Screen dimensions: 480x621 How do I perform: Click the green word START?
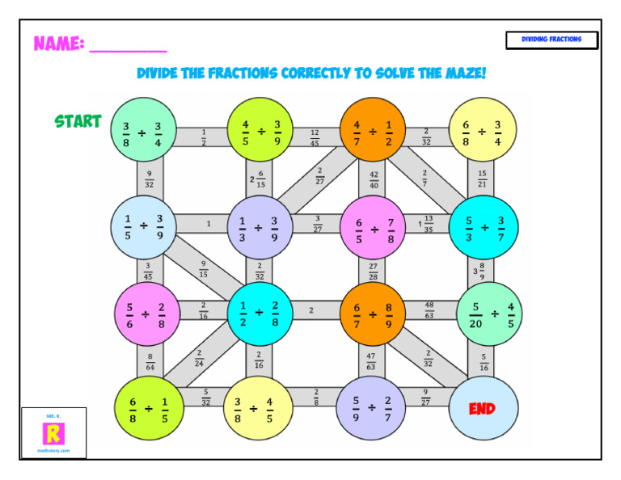(78, 121)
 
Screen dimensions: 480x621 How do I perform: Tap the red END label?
(482, 409)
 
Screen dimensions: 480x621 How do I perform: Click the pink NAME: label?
(58, 44)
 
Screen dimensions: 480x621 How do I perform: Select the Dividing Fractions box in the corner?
(551, 40)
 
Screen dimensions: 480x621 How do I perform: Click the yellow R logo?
(53, 434)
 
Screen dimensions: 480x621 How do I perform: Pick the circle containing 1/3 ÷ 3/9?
(258, 227)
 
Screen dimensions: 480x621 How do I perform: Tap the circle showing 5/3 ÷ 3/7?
(484, 227)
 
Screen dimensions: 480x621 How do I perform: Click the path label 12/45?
(315, 138)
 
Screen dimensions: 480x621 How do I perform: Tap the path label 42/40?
(373, 179)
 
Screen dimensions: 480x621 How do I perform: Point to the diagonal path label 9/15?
(203, 267)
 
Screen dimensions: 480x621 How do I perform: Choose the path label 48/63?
(429, 309)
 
